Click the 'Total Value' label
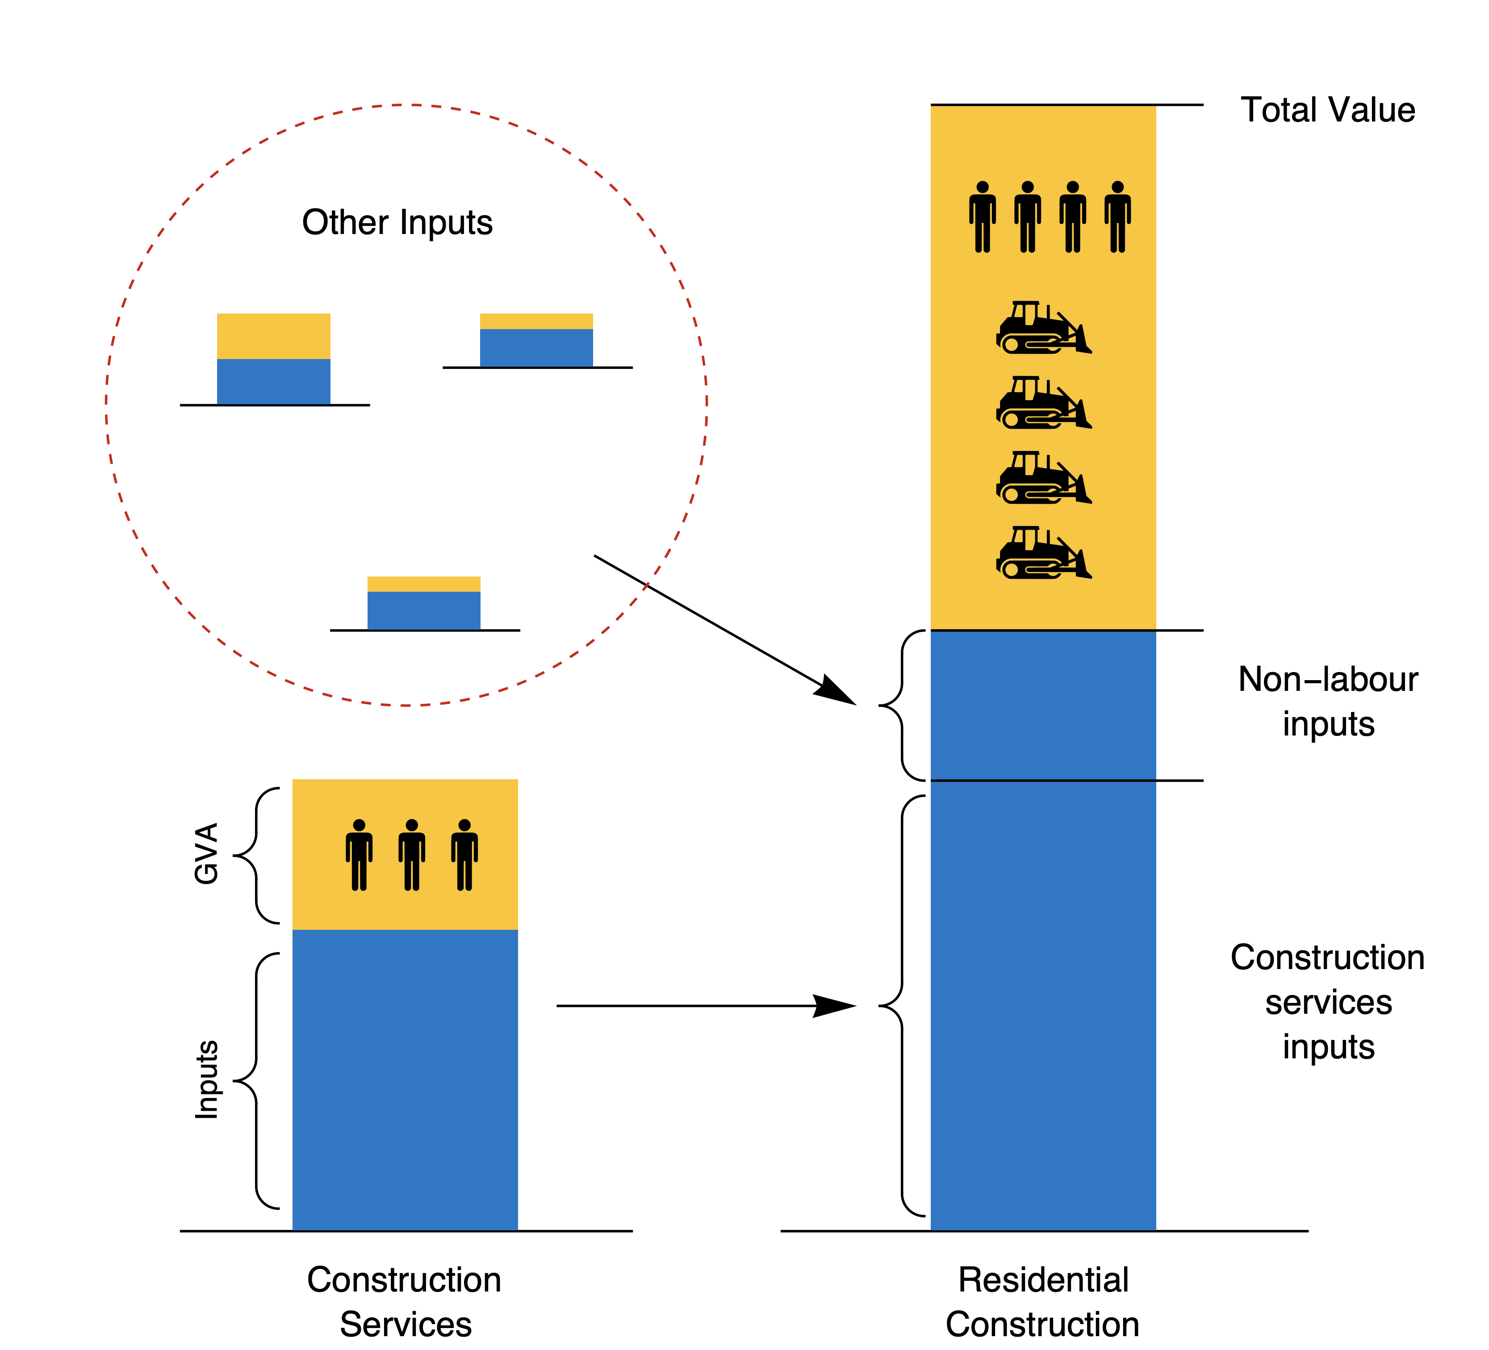pyautogui.click(x=1327, y=110)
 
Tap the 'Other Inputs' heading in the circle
pyautogui.click(x=397, y=222)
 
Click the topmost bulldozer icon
pyautogui.click(x=1043, y=327)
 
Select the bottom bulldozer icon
pyautogui.click(x=1043, y=552)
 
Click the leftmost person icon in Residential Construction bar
pyautogui.click(x=983, y=217)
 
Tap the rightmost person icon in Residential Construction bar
pyautogui.click(x=1117, y=217)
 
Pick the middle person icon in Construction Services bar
pyautogui.click(x=411, y=854)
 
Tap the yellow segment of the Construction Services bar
pyautogui.click(x=405, y=908)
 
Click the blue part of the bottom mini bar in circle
pyautogui.click(x=424, y=611)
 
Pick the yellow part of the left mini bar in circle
pyautogui.click(x=273, y=336)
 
